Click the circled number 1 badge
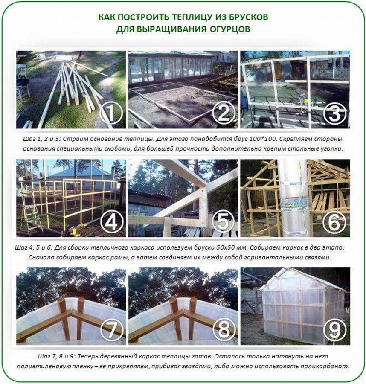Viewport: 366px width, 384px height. [x=111, y=113]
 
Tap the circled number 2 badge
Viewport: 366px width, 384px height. [x=224, y=113]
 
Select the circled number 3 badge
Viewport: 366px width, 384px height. [x=335, y=113]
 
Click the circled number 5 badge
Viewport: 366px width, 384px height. [x=223, y=222]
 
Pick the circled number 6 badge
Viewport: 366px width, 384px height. [x=334, y=222]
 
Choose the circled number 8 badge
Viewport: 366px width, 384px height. [x=224, y=330]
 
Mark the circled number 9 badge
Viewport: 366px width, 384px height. [x=335, y=330]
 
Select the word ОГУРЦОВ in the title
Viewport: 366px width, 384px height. [x=230, y=29]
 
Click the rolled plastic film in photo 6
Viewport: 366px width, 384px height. [x=293, y=198]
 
